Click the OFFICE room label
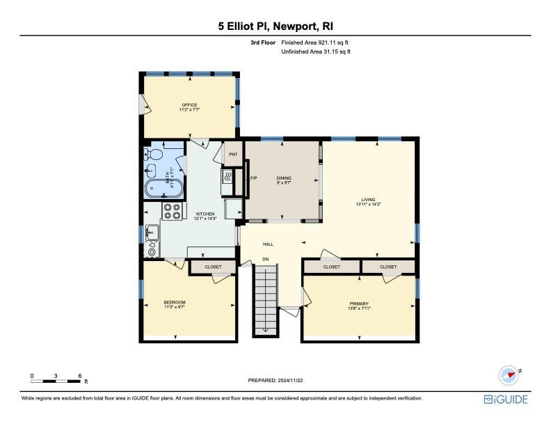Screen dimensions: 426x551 (189, 105)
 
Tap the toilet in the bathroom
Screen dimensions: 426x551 (155, 155)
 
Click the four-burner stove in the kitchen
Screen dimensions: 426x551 (172, 211)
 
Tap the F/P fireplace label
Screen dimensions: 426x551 (254, 178)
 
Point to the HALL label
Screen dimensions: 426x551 (268, 244)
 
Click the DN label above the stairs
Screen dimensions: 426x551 (265, 260)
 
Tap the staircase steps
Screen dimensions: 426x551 (264, 299)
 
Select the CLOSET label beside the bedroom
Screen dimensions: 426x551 (213, 267)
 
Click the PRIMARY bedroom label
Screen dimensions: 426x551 (359, 303)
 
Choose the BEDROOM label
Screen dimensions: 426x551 (175, 302)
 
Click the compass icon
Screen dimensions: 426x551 (510, 374)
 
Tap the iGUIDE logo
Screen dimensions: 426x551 (506, 400)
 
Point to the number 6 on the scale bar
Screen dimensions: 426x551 (80, 376)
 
